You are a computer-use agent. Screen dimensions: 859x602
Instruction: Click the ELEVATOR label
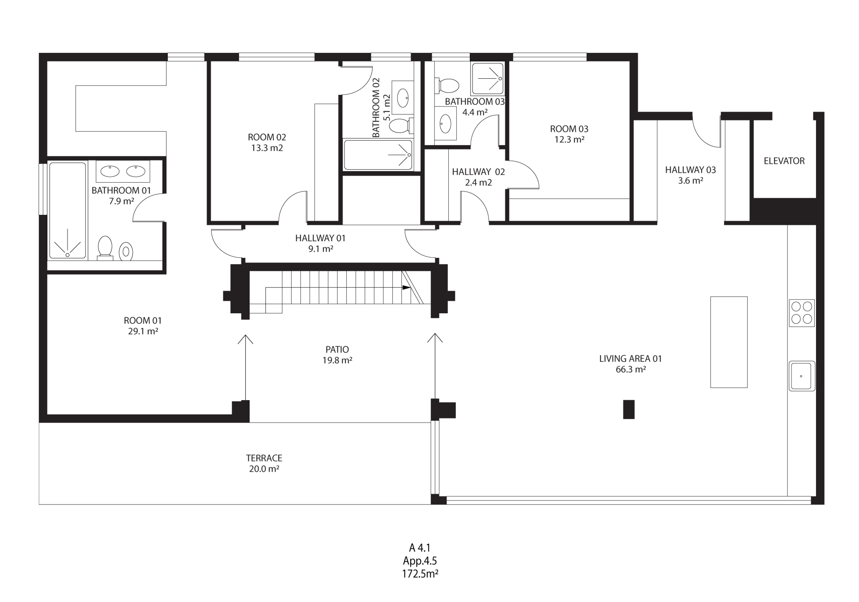[x=784, y=161]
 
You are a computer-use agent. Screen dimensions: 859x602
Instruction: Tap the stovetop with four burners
[x=801, y=313]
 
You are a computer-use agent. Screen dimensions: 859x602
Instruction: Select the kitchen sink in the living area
[x=802, y=376]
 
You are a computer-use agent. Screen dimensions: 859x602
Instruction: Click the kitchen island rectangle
[x=729, y=342]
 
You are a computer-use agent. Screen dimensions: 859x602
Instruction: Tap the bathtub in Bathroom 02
[x=378, y=155]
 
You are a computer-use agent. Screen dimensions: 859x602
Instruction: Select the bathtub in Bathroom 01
[x=68, y=210]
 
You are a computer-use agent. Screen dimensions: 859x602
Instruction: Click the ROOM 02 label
[x=267, y=137]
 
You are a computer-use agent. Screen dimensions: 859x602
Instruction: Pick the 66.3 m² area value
[x=631, y=369]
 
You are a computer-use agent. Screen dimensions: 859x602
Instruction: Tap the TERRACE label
[x=264, y=458]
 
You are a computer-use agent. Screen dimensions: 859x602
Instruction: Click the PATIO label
[x=337, y=350]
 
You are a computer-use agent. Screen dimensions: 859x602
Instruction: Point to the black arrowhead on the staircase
[x=406, y=287]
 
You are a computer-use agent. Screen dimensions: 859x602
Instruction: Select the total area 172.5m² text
[x=420, y=574]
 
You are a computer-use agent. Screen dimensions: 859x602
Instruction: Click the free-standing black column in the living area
[x=629, y=409]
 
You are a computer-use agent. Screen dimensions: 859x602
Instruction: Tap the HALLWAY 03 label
[x=690, y=170]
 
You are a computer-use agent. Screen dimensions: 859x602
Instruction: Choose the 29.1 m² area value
[x=143, y=331]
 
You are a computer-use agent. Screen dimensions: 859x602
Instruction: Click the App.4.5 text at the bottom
[x=420, y=561]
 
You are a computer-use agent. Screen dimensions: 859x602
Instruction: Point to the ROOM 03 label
[x=569, y=129]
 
